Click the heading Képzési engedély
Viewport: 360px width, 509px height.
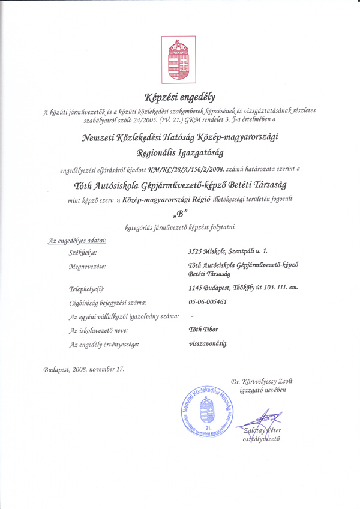coord(179,96)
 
